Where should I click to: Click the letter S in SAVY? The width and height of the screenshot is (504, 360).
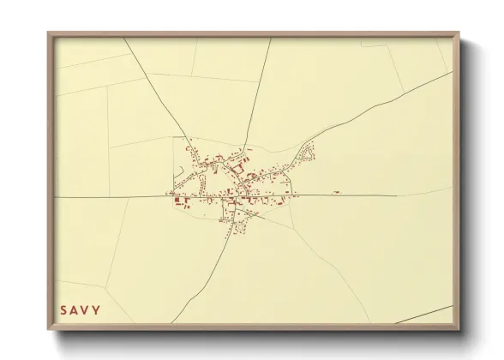coord(63,309)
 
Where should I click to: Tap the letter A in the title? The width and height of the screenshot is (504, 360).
coord(75,309)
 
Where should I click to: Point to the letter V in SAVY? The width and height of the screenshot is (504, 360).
coord(87,309)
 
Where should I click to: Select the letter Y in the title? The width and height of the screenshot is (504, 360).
coord(97,309)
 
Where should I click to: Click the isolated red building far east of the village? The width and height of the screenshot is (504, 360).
coord(336,192)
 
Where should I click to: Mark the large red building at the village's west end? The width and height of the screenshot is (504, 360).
coord(182,204)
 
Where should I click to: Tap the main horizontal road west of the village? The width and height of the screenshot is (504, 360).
coord(111,196)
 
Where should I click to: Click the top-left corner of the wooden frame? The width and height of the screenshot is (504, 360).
coord(49,34)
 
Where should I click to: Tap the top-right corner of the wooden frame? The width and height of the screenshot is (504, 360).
coord(458,34)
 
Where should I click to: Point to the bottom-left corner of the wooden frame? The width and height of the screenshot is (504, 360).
coord(49,328)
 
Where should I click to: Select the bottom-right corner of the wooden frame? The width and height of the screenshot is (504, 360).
coord(458,328)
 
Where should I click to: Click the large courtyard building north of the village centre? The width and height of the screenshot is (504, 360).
coord(237,168)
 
